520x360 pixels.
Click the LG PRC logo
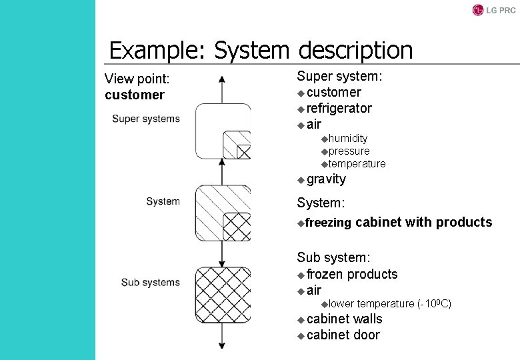[x=494, y=10]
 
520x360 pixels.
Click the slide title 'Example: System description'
[x=261, y=50]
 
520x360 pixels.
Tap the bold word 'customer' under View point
[x=134, y=95]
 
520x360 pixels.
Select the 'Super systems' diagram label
[x=146, y=119]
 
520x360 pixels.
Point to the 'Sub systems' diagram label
[x=151, y=282]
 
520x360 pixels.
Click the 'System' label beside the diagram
[x=163, y=201]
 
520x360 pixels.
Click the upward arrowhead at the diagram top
[x=222, y=79]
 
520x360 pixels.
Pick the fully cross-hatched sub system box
[x=223, y=294]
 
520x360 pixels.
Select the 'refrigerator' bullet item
[x=339, y=108]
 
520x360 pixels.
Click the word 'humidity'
[x=348, y=138]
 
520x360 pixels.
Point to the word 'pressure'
[x=349, y=151]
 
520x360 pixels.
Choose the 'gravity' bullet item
[x=326, y=179]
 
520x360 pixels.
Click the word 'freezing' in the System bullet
[x=328, y=223]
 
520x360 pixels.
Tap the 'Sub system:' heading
[x=333, y=257]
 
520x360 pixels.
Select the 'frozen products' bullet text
[x=352, y=274]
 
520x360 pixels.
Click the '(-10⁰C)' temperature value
[x=434, y=304]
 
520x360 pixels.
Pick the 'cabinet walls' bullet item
[x=345, y=319]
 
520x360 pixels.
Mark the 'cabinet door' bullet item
[x=343, y=335]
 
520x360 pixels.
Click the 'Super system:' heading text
[x=339, y=76]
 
